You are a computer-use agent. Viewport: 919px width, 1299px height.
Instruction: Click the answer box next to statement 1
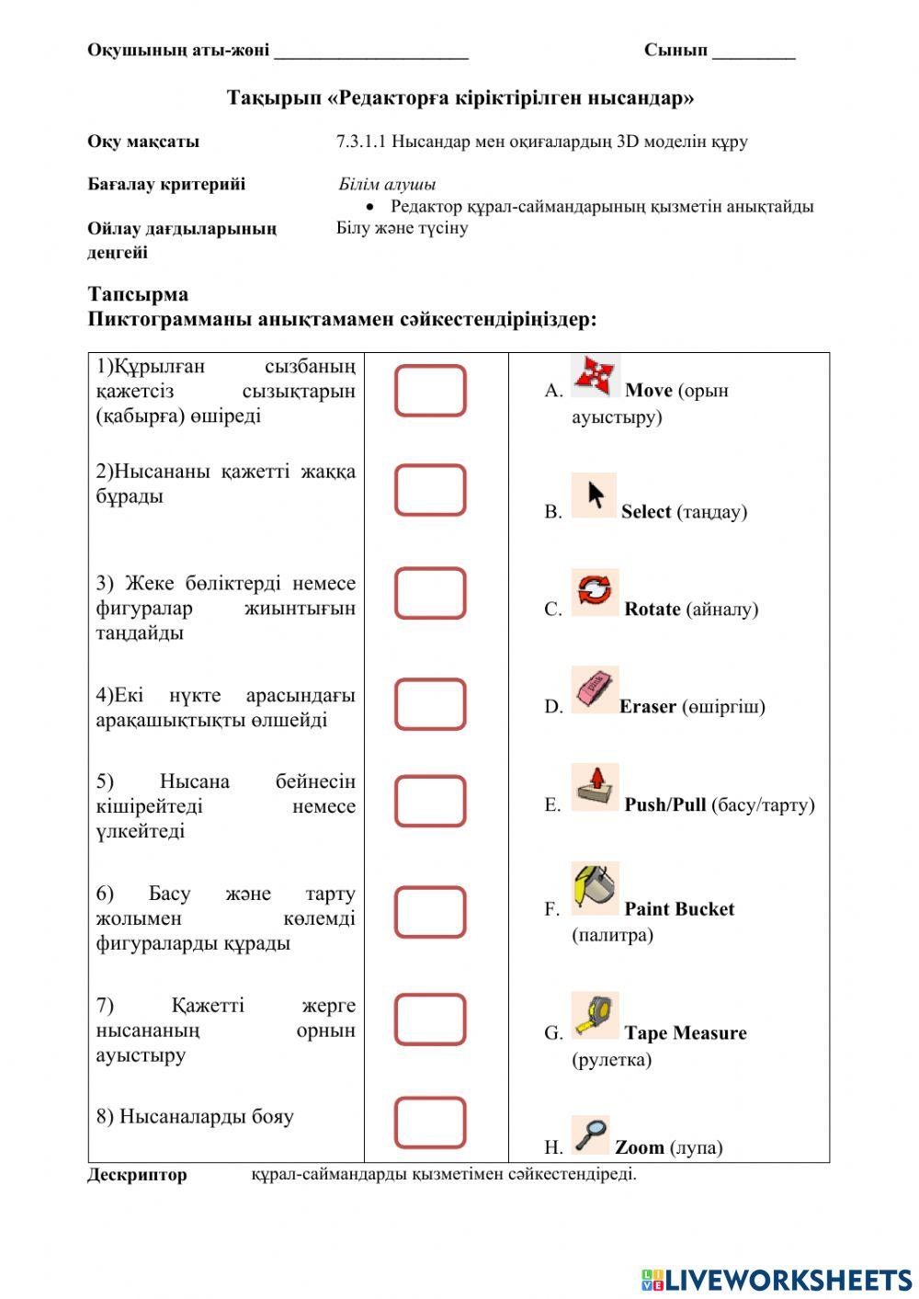pos(430,391)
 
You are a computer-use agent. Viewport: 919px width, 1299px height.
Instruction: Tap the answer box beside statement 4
pos(430,705)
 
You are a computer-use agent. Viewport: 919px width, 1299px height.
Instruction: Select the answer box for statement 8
pos(430,1122)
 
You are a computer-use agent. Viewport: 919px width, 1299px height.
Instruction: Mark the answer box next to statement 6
pos(430,912)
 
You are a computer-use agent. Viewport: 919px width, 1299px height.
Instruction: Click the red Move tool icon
pos(595,376)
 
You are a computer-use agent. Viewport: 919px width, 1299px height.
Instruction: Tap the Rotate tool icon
pos(595,592)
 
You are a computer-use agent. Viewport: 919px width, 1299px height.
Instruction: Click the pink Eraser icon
pos(595,689)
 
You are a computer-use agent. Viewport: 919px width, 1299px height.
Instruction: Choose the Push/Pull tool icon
pos(595,787)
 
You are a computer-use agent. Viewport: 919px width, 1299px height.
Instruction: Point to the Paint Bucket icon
pos(595,888)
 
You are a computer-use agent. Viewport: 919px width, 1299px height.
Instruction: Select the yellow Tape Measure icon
pos(595,1015)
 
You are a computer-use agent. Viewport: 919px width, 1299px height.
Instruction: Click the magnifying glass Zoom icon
pos(590,1134)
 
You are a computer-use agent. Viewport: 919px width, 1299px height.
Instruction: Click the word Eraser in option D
pos(648,706)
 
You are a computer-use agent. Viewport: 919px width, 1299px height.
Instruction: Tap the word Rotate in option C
pos(652,609)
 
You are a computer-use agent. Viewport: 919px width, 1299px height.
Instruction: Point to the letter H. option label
pos(553,1147)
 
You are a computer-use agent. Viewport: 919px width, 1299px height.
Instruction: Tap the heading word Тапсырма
pos(138,294)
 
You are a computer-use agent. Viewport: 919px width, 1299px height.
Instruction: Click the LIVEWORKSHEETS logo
pos(777,1280)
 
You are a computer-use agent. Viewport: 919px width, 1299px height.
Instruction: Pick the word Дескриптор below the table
pos(137,1175)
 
